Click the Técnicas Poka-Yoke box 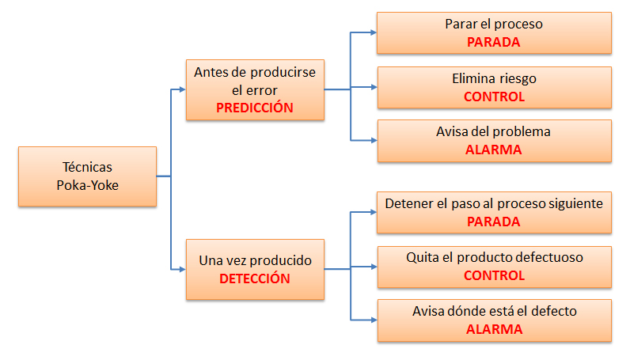[87, 176]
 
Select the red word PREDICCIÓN [255, 108]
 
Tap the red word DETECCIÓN [255, 278]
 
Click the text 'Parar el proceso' [494, 24]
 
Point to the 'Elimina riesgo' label [494, 79]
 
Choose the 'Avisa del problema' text [493, 132]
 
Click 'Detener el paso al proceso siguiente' [494, 203]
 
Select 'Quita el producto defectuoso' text [495, 257]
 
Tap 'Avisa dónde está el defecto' [495, 311]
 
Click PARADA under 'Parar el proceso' [493, 42]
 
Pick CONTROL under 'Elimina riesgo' [494, 97]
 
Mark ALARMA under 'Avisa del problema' [493, 150]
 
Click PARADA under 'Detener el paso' [493, 222]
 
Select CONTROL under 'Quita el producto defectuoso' [494, 275]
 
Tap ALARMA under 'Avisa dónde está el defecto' [494, 329]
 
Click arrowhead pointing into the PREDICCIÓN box [182, 89]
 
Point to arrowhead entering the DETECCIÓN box [182, 269]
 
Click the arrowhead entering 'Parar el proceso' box [374, 32]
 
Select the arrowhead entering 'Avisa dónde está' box [374, 320]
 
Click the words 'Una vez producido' [255, 260]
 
